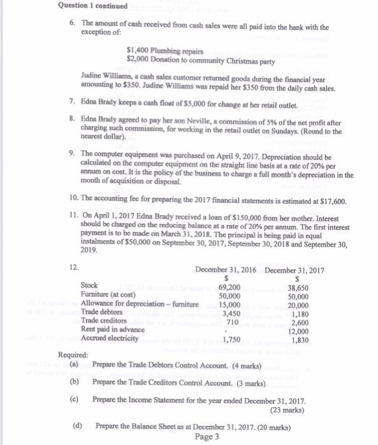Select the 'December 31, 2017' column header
295,270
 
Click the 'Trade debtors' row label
101,312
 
